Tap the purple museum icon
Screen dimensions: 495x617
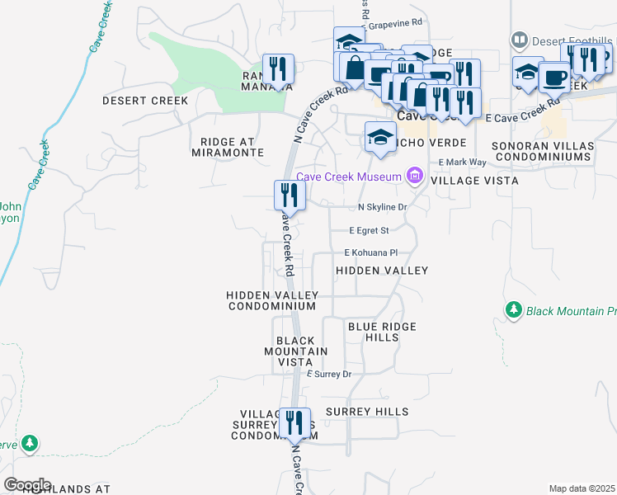tap(414, 175)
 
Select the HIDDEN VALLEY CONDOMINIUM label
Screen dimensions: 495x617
tap(271, 300)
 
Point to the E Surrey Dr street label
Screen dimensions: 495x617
tap(329, 374)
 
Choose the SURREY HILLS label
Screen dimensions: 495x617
tap(366, 411)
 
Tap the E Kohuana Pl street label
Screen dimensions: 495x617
tap(371, 252)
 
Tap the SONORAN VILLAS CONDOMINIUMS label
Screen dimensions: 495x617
tap(542, 151)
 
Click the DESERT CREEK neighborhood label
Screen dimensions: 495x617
tap(145, 101)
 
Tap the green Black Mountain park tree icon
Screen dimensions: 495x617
tap(514, 309)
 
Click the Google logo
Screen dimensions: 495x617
tap(27, 485)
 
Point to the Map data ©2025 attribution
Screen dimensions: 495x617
tap(582, 488)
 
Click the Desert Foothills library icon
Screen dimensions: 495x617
tap(520, 39)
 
